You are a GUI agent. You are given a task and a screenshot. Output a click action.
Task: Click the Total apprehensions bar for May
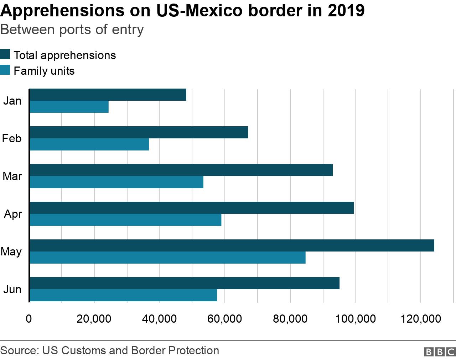(x=232, y=245)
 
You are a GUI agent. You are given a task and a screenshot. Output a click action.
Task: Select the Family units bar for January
(x=69, y=107)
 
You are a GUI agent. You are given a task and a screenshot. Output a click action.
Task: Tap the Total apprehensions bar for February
(x=139, y=132)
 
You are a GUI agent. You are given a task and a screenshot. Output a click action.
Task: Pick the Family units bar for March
(x=116, y=182)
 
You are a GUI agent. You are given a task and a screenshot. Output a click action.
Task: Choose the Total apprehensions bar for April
(x=192, y=208)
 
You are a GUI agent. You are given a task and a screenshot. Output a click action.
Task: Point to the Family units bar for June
(x=123, y=295)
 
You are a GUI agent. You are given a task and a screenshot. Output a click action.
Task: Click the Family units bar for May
(x=167, y=258)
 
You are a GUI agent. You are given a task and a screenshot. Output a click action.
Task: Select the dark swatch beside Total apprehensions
(x=5, y=54)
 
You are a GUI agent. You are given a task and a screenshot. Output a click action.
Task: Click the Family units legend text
(x=44, y=71)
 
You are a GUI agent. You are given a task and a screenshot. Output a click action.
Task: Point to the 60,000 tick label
(x=224, y=319)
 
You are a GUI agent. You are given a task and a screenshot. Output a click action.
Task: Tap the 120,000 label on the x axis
(x=421, y=319)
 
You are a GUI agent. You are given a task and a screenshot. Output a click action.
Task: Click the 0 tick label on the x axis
(x=29, y=319)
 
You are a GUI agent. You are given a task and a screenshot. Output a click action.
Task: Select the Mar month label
(x=12, y=176)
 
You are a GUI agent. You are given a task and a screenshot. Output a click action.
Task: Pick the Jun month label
(x=12, y=289)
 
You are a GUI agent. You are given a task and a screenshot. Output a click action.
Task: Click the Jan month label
(x=12, y=101)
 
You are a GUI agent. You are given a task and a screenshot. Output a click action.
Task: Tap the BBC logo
(x=440, y=351)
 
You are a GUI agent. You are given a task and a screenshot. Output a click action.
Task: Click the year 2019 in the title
(x=346, y=11)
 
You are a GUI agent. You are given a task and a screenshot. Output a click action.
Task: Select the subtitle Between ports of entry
(x=72, y=29)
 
